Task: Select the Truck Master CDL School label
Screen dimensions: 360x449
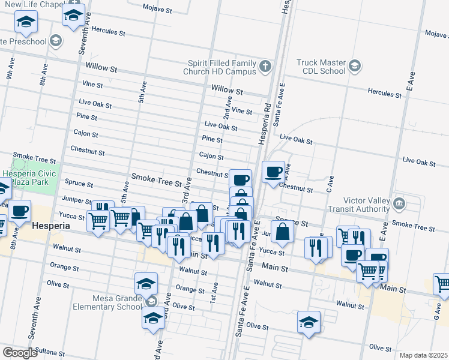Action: tap(321, 67)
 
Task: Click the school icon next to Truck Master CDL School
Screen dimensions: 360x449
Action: tap(355, 65)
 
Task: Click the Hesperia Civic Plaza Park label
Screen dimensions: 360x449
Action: tap(29, 178)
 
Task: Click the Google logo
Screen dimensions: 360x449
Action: tap(20, 353)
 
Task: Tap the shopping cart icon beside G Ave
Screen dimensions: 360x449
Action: tap(442, 283)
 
